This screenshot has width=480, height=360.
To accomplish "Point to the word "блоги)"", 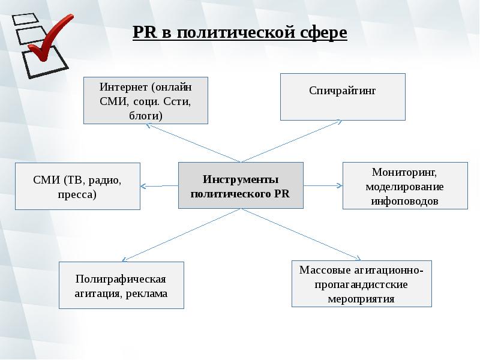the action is (x=145, y=115).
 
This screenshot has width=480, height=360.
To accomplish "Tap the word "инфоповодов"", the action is (x=404, y=201).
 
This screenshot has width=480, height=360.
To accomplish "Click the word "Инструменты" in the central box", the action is (x=241, y=179).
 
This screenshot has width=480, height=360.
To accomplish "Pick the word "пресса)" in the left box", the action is (x=77, y=194).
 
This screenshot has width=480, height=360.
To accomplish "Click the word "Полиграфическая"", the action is (x=121, y=279).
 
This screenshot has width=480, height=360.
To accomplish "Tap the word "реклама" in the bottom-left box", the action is (x=146, y=293).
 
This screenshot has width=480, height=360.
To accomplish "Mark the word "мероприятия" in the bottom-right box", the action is (x=362, y=298).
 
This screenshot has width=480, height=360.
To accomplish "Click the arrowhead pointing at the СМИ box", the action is (x=144, y=185).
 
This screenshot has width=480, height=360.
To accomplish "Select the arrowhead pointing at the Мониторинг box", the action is (x=339, y=185).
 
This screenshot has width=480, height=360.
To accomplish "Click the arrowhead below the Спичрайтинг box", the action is (x=339, y=122).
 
